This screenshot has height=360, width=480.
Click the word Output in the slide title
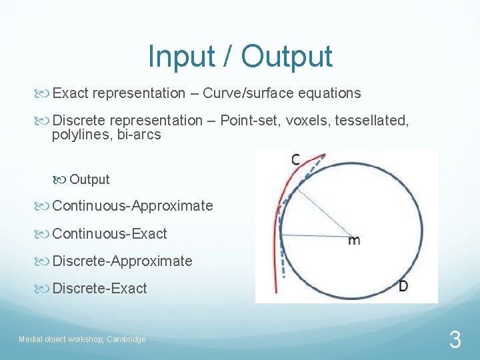point(287,56)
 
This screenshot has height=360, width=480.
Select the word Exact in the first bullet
point(71,93)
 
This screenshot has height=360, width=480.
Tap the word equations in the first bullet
point(327,93)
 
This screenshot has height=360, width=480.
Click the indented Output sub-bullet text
point(89,179)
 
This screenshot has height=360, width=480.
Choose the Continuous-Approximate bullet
point(133,206)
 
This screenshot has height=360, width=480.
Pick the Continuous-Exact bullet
point(109,234)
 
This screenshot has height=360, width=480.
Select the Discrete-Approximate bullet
point(122,261)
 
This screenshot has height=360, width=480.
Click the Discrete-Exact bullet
point(99,289)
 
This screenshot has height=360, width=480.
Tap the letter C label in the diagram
point(295,159)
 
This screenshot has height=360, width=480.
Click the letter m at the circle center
point(353,240)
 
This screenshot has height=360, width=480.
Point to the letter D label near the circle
point(403,286)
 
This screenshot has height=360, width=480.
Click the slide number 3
point(455,341)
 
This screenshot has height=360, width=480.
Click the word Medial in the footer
point(30,339)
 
